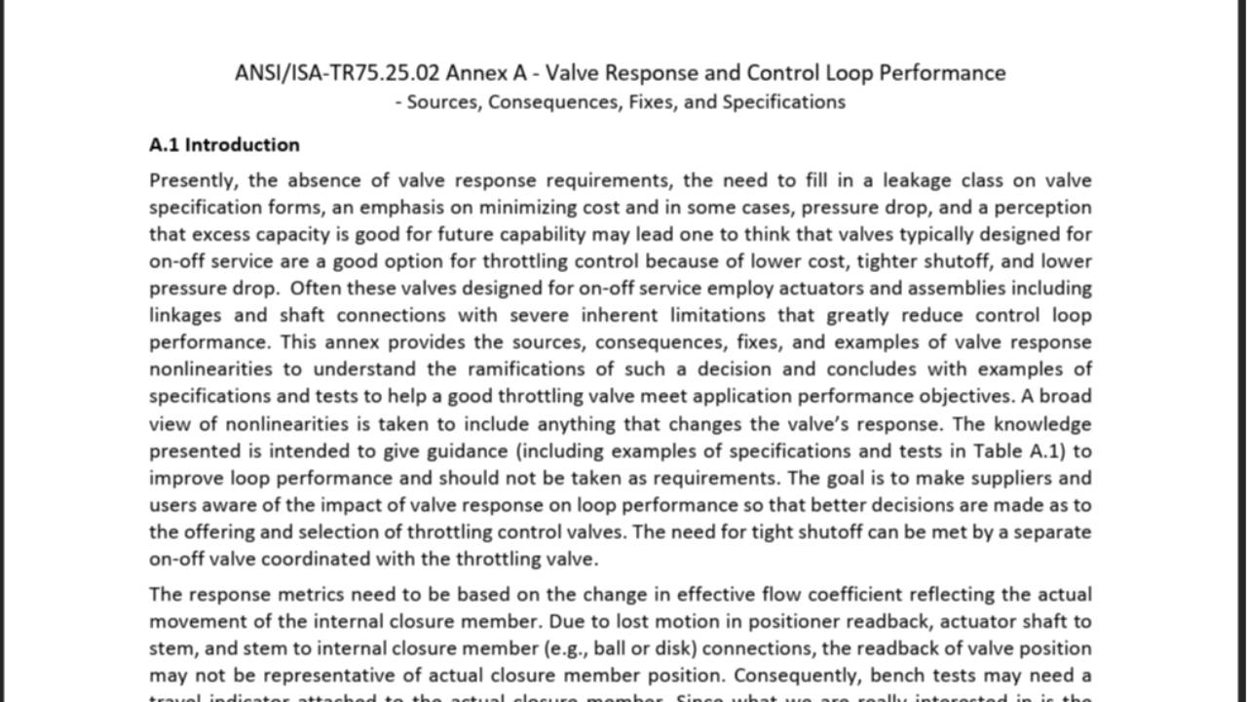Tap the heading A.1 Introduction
tap(224, 145)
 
